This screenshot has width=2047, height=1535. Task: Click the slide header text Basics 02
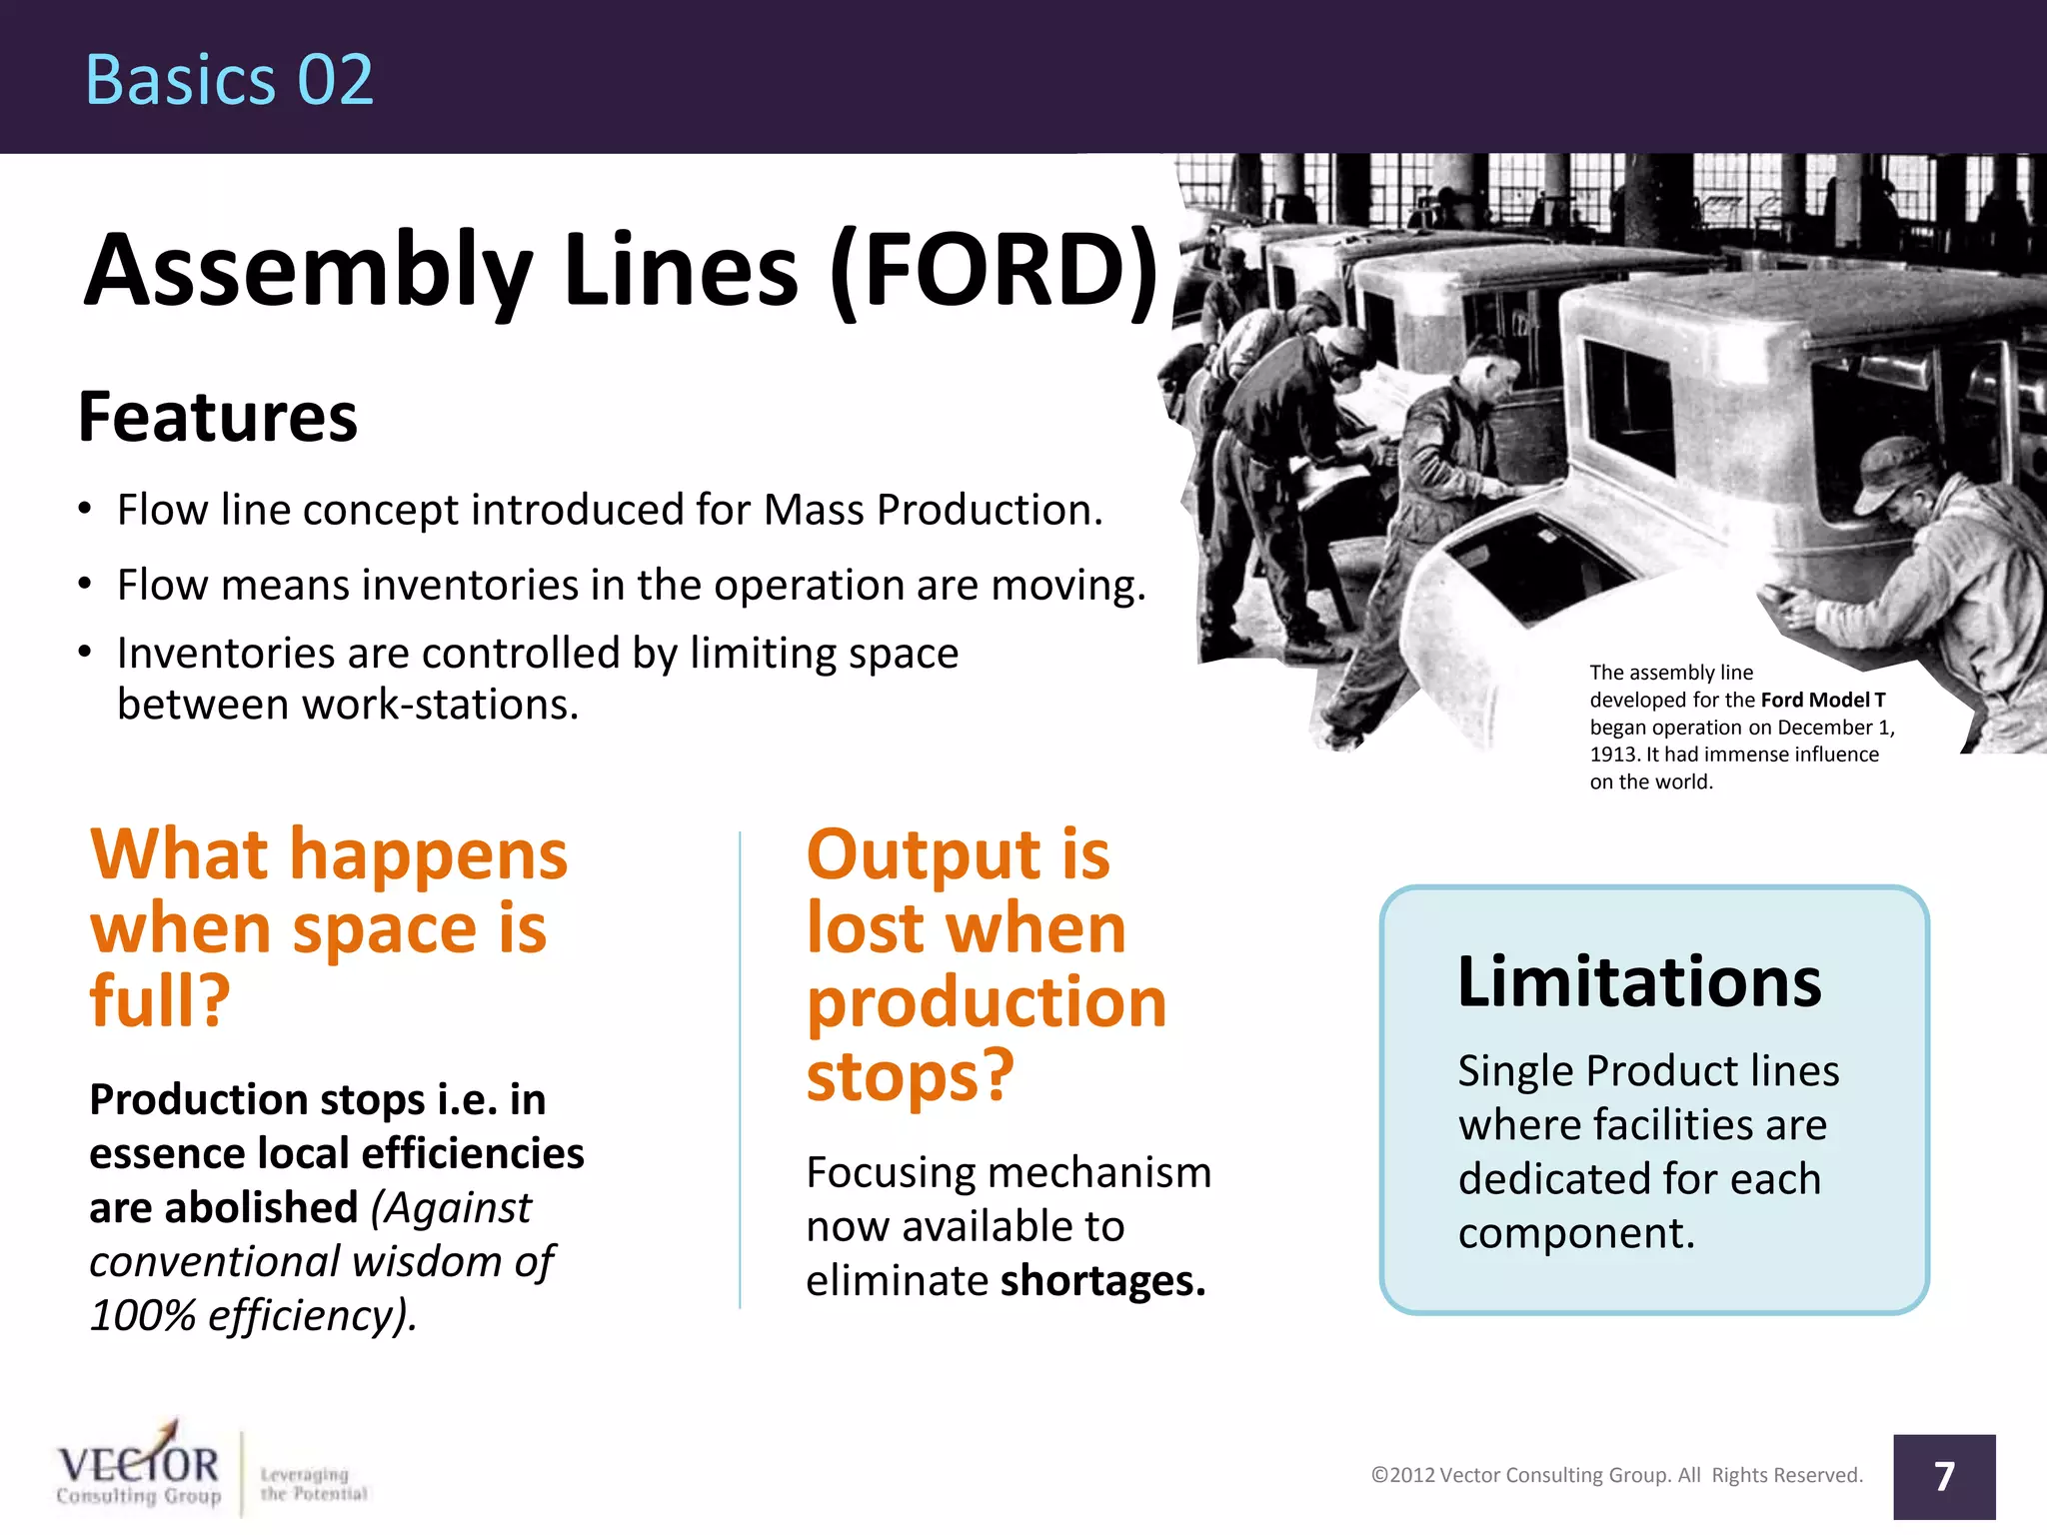229,80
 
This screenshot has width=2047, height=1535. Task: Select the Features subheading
218,417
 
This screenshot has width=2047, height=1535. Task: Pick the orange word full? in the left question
160,1000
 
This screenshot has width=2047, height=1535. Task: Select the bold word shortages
1102,1280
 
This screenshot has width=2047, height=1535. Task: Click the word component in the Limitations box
1575,1233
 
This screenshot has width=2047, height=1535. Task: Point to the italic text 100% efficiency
250,1315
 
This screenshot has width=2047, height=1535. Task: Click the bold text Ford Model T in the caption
1822,700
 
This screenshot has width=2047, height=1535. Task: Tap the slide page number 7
1943,1476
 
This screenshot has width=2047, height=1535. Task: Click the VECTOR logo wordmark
138,1465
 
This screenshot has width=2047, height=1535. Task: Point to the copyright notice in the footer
1616,1475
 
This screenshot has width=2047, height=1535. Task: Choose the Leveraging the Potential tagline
313,1484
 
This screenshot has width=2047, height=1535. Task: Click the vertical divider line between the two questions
740,1069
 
